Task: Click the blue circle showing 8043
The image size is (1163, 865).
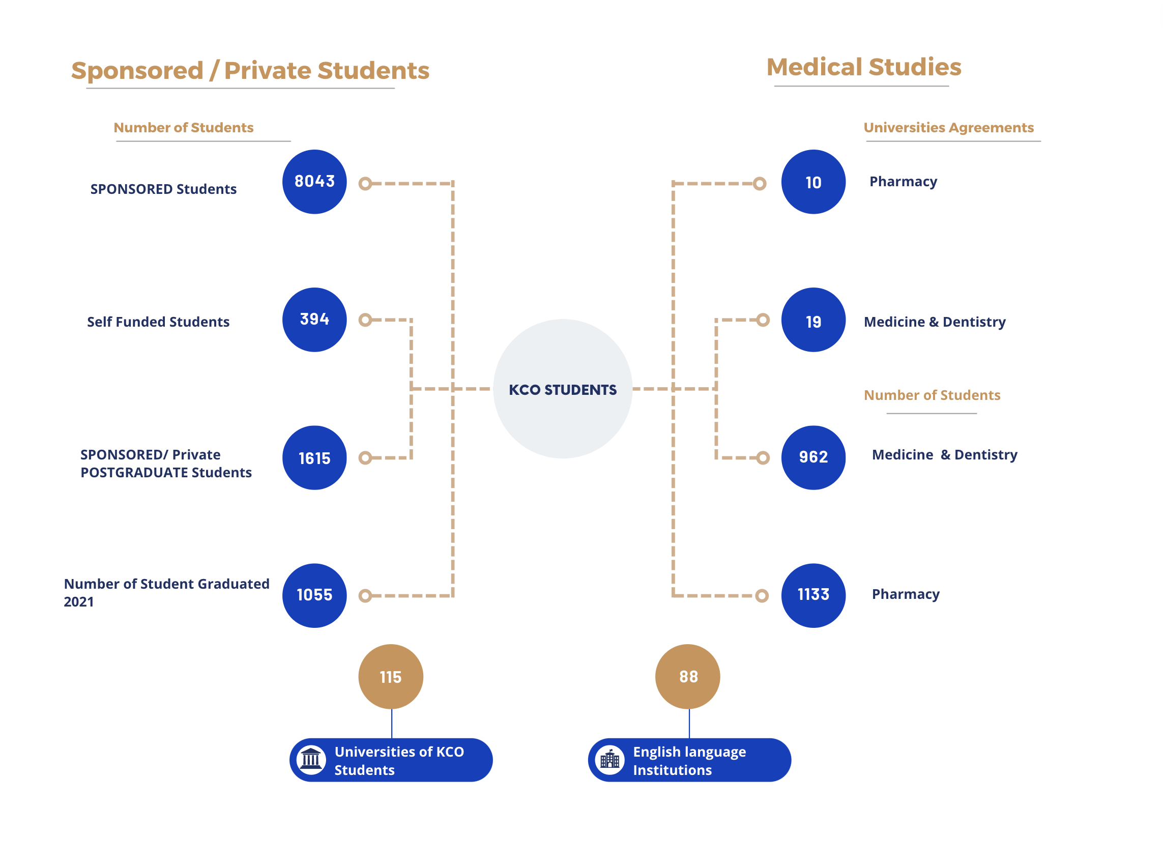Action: [314, 182]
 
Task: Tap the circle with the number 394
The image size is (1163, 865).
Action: [314, 320]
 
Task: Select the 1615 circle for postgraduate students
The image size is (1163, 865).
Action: [314, 457]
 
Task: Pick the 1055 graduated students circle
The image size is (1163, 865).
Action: [314, 595]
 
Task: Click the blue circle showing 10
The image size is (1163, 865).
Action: [813, 182]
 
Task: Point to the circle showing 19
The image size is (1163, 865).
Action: [813, 320]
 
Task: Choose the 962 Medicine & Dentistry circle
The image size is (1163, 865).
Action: [813, 457]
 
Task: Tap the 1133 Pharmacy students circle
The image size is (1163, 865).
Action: [813, 595]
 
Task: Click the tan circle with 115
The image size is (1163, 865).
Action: [390, 677]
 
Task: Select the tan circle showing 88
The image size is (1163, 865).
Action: [688, 677]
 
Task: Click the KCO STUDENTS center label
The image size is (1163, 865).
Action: [563, 390]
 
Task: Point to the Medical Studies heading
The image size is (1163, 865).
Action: [864, 67]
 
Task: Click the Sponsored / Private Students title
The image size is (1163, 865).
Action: [250, 70]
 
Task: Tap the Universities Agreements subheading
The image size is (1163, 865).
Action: [948, 127]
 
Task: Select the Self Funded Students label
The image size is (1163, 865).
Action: [158, 322]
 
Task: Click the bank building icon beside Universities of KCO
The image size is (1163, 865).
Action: [311, 759]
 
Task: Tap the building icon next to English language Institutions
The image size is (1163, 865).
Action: [610, 759]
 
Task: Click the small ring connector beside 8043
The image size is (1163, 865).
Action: [365, 183]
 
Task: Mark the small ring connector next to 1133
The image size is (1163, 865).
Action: [762, 595]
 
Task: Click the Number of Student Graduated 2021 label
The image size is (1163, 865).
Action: [166, 592]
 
